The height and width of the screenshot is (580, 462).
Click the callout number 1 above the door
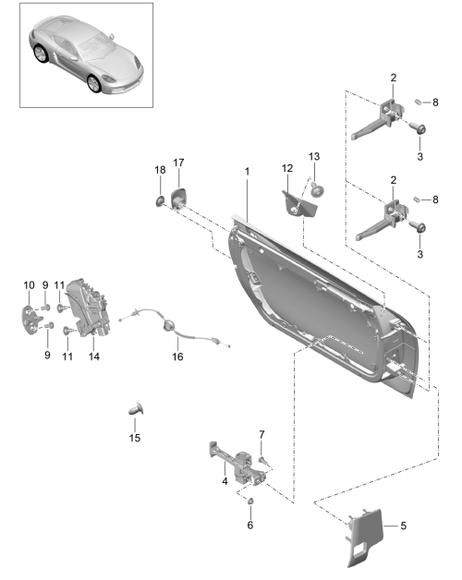(x=247, y=171)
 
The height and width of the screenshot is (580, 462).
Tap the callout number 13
(x=314, y=156)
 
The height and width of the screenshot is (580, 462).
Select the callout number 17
(x=178, y=163)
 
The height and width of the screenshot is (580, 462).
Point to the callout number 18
(x=160, y=170)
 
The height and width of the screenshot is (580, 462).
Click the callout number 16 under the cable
(x=177, y=356)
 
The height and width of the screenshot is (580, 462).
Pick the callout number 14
(x=94, y=356)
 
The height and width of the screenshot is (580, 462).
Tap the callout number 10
(x=29, y=285)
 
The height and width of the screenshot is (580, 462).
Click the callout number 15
(x=135, y=438)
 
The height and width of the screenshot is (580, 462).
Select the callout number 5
(x=403, y=526)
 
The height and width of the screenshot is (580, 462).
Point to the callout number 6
(x=250, y=525)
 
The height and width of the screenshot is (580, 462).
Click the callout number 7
(x=261, y=435)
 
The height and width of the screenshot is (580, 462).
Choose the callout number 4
(x=225, y=481)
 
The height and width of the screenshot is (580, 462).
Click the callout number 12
(x=287, y=168)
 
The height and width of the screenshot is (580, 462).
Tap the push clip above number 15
(x=136, y=409)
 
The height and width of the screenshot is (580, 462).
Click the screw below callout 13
(x=317, y=189)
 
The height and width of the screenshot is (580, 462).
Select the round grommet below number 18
(x=160, y=202)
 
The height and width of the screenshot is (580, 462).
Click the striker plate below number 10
(x=31, y=320)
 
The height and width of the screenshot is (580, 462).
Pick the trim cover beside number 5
(x=365, y=537)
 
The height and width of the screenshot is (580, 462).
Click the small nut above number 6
(x=250, y=501)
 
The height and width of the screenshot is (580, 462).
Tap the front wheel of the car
(x=94, y=84)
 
